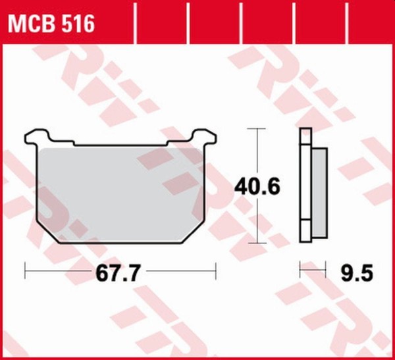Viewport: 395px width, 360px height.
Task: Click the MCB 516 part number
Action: coord(51,24)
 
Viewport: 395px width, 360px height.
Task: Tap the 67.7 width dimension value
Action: coord(117,273)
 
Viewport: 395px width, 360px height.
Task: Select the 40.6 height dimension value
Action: coord(257,186)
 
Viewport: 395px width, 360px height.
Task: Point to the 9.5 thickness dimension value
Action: coord(357,273)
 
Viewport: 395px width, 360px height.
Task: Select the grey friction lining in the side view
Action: coord(320,193)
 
